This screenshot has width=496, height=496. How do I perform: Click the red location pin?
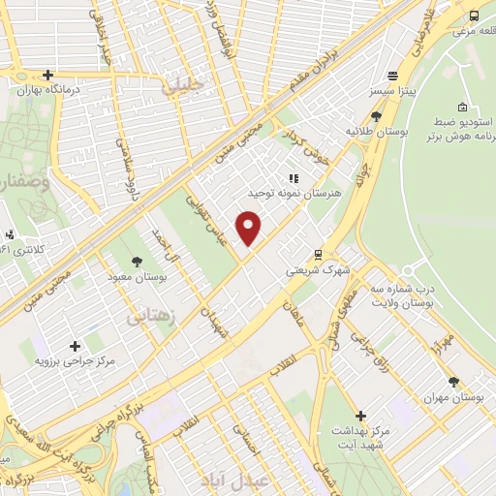[250, 228]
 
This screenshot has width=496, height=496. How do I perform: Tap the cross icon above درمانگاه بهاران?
[46, 75]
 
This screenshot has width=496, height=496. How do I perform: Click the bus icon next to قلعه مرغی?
[473, 16]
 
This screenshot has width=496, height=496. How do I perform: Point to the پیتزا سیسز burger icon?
[392, 77]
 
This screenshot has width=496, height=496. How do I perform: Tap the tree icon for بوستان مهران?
[453, 382]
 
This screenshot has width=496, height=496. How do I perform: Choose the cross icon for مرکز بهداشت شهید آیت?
[360, 416]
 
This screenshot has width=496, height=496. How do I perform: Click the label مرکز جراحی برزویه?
[76, 361]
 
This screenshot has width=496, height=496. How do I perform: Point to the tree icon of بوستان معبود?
[137, 262]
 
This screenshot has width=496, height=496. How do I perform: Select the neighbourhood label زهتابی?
[146, 315]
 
